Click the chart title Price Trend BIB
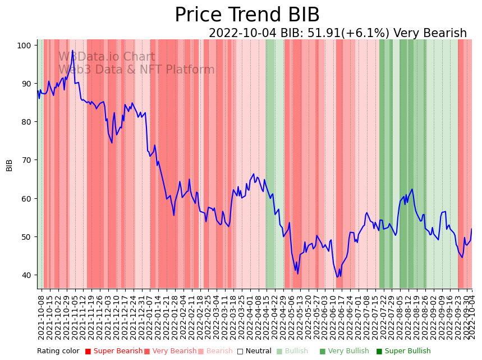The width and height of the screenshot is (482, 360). (x=247, y=15)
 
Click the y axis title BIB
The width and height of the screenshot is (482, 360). (x=10, y=165)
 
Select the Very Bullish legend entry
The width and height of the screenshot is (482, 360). (x=345, y=352)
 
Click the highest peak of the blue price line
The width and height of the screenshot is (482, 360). (x=72, y=51)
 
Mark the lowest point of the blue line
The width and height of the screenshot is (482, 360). (x=337, y=277)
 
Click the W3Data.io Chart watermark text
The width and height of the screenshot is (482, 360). (x=107, y=57)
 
